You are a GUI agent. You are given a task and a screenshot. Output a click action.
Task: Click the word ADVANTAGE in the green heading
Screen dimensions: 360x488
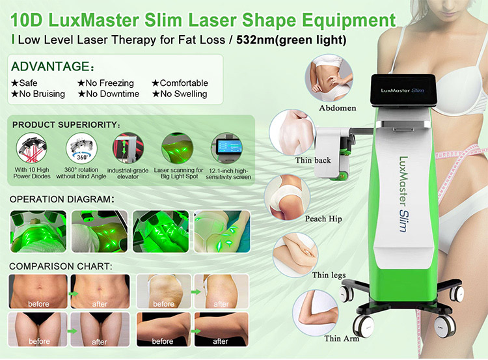click(48, 67)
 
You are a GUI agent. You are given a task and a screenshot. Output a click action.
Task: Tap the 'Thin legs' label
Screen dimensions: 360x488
click(329, 275)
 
